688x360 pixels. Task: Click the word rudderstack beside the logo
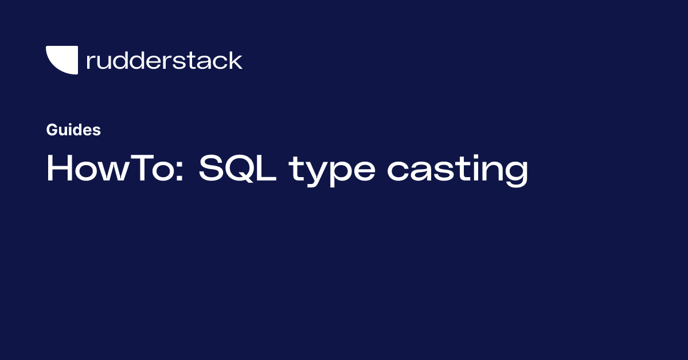(165, 60)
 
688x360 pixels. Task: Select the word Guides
(73, 130)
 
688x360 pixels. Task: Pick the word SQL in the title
(238, 169)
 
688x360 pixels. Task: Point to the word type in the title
(332, 171)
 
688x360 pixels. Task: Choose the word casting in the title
(458, 171)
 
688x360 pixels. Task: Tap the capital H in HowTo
(59, 168)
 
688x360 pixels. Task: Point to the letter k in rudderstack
(235, 60)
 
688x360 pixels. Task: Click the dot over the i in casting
(472, 157)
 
